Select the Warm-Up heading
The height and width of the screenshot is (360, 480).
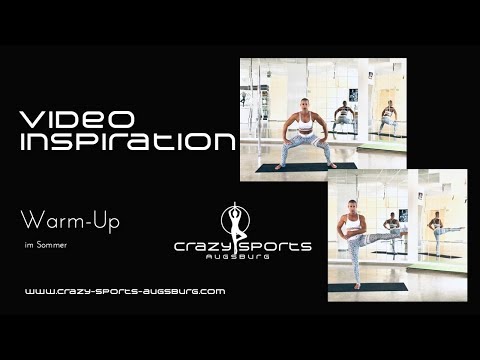70,221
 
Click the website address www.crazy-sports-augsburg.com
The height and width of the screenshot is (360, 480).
124,291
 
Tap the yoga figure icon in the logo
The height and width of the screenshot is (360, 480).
236,221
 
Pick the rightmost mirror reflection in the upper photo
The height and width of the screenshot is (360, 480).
388,116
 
